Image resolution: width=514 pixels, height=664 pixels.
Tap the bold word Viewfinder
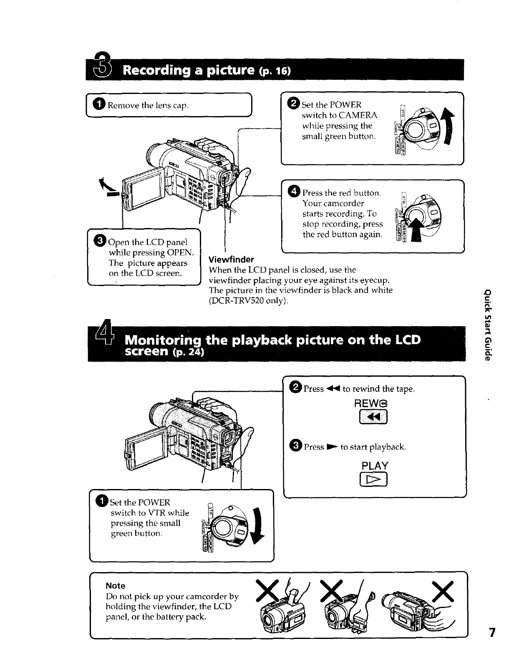[x=231, y=259]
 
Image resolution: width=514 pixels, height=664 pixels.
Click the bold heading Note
[x=116, y=585]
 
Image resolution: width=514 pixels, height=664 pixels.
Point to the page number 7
[x=493, y=645]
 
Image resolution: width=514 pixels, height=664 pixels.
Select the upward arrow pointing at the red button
[x=416, y=231]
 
